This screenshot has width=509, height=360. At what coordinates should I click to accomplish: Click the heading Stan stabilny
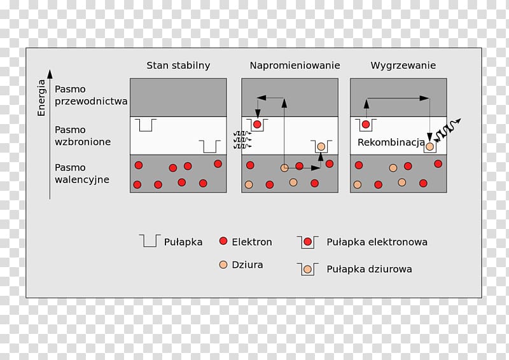(178, 66)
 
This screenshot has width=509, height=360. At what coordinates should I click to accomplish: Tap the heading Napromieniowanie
(295, 66)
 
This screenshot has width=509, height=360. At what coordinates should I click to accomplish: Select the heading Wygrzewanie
(403, 66)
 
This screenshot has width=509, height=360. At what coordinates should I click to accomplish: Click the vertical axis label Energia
(41, 98)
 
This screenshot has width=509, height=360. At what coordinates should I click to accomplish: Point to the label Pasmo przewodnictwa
(91, 95)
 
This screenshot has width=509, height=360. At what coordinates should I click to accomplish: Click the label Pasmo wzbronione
(83, 135)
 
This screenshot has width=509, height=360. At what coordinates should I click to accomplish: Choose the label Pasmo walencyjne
(82, 174)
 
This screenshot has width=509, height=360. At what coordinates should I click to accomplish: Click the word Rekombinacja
(391, 142)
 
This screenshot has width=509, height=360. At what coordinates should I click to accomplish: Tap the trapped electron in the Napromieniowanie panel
(257, 124)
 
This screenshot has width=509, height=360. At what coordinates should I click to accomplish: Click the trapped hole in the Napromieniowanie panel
(321, 147)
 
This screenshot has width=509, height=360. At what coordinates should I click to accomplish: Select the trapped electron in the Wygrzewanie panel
(366, 124)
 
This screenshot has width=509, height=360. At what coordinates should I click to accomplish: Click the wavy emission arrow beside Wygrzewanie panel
(447, 130)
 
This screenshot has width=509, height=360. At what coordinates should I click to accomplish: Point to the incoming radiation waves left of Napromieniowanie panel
(242, 140)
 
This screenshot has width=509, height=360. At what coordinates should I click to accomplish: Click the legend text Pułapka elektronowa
(377, 242)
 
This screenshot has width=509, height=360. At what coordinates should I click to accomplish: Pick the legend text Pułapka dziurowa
(369, 269)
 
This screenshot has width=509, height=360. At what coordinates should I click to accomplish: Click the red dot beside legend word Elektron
(223, 241)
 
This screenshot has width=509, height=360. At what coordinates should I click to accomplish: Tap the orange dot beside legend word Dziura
(223, 265)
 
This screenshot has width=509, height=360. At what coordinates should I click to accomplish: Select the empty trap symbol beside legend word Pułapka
(150, 240)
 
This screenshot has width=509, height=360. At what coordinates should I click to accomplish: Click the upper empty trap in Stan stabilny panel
(146, 125)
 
